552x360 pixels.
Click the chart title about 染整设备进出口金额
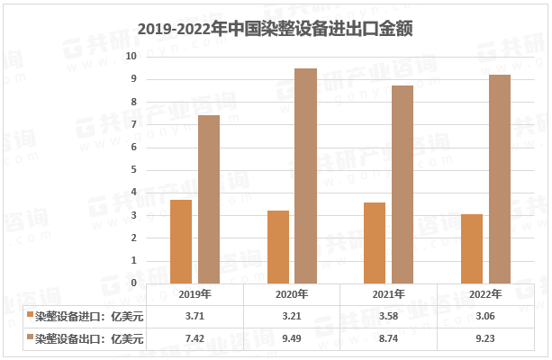pos(276,28)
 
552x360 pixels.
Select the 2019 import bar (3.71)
pos(181,241)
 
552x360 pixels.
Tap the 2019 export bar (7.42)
pos(209,199)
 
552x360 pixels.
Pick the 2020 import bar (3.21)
pos(278,247)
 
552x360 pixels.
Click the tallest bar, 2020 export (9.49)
pos(306,175)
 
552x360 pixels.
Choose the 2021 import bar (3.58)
pos(375,243)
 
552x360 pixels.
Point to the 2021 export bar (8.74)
pos(403,184)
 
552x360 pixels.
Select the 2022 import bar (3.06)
pos(472,248)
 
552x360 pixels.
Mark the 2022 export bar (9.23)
pos(500,178)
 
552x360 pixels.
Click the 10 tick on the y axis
pos(131,56)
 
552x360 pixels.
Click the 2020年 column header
pos(292,294)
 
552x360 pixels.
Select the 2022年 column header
pos(486,294)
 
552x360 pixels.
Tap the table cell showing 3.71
pos(195,316)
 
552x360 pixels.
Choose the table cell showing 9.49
pos(292,337)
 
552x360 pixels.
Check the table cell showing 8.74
pos(389,337)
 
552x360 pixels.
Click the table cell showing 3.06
pos(486,316)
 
